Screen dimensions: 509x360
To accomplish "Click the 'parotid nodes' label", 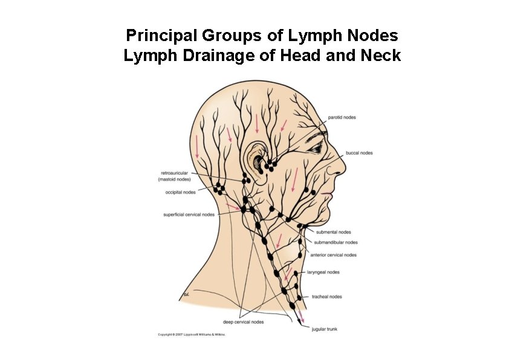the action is coord(342,117).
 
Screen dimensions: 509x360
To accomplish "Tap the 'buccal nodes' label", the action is coord(359,153).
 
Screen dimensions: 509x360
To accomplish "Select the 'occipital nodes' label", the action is coord(180,193).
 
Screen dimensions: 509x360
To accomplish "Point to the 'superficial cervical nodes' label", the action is coord(189,214).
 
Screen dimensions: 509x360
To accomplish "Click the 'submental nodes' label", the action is coord(333,232).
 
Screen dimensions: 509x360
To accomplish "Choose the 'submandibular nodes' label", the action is coord(336,243).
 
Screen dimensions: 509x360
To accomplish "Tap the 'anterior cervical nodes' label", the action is coord(333,255).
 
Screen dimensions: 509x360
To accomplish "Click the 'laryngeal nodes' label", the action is coord(323,272).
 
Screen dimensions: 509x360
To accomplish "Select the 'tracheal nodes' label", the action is coord(326,297).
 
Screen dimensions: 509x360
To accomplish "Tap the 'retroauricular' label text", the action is coord(174,173).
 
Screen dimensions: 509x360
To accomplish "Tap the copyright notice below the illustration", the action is coord(191,334).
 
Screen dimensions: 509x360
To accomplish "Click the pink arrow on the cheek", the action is coord(294,179).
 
